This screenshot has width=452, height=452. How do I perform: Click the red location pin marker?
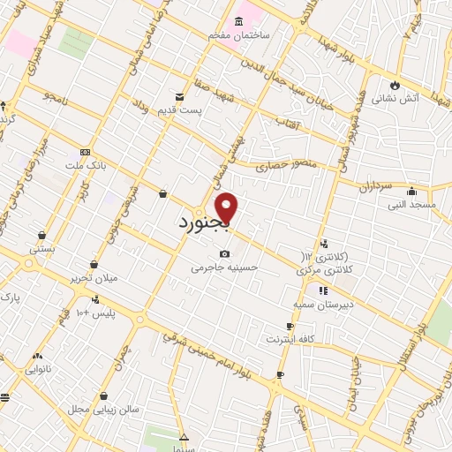(227, 208)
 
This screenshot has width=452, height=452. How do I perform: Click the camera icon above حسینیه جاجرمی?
(224, 254)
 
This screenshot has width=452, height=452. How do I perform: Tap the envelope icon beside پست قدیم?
(180, 97)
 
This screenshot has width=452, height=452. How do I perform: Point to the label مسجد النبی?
(410, 205)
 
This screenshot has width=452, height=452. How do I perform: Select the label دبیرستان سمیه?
(324, 302)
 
